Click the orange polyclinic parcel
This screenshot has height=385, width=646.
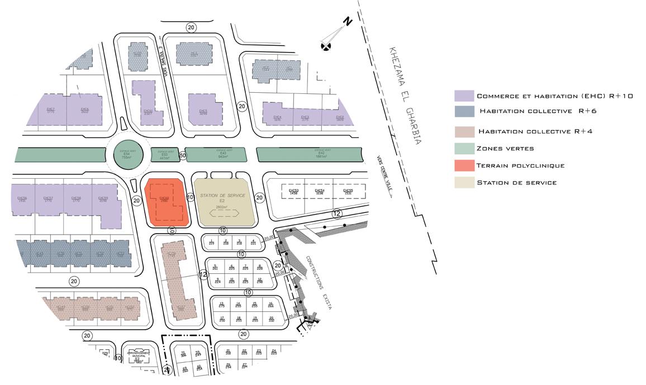coord(164,202)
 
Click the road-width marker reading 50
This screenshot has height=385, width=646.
coord(182,155)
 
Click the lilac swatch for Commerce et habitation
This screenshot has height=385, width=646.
coord(464,96)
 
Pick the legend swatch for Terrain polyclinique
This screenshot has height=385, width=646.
coord(464,165)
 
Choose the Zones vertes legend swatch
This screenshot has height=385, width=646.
coord(464,149)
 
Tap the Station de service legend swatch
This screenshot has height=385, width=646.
coord(464,182)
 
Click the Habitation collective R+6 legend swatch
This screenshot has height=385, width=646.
coord(464,111)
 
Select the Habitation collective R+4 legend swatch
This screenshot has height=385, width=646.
coord(464,132)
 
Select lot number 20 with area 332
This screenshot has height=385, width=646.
coord(272,319)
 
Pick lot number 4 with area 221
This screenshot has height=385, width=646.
coord(253,242)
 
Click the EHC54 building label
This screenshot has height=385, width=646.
coord(320,192)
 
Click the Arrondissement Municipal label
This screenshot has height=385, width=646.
coord(137,354)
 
